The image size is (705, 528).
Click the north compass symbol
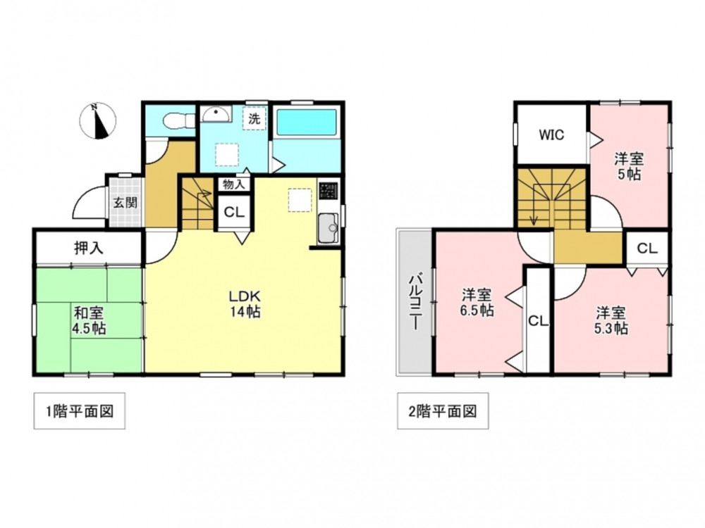coord(97,121)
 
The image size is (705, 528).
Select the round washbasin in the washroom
coord(216,114)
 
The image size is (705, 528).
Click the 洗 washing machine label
coord(255,119)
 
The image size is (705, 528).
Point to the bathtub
coord(306,122)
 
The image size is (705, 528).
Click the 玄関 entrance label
coord(125,203)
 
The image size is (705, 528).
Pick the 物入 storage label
coord(234,184)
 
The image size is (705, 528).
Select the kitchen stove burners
coord(329,190)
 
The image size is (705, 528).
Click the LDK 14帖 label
coord(245,303)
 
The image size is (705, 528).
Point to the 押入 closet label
coord(89,248)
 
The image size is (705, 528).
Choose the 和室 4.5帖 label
coord(89,320)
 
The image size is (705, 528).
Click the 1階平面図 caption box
coord(80,411)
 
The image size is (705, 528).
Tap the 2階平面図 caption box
coord(443,411)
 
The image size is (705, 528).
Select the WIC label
coord(551,134)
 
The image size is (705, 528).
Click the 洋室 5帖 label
coord(629,166)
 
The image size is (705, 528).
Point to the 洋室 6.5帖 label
coord(477,302)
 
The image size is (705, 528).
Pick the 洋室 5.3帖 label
coord(611,320)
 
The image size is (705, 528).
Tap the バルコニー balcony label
coord(414,302)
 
